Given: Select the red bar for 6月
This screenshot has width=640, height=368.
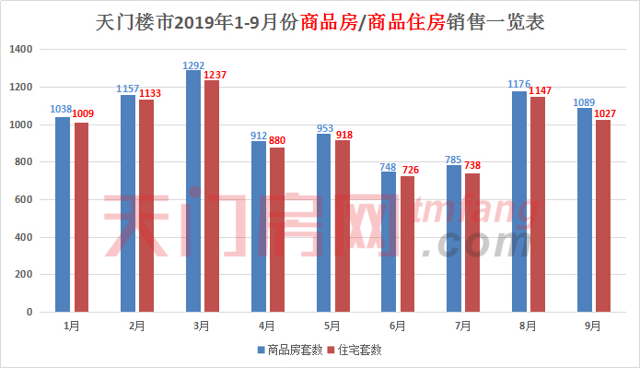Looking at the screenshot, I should [408, 243].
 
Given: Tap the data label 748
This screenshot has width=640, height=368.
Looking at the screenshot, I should [389, 166].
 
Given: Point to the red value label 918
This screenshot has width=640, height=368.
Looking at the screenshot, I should [343, 135].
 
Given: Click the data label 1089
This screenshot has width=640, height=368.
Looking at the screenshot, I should [583, 102].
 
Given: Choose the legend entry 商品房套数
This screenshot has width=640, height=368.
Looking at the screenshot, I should [289, 350].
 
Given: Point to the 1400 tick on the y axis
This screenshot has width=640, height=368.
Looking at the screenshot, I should [20, 49].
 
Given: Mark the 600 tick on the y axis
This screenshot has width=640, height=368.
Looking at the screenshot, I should [23, 200].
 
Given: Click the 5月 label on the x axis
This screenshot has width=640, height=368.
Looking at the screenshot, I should [332, 326].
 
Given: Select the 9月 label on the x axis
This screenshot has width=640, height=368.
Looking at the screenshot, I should [593, 326].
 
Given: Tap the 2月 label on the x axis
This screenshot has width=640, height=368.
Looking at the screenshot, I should [135, 326].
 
